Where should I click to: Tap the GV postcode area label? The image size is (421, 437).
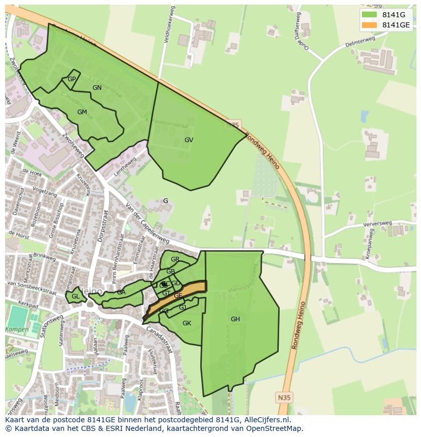(189, 140)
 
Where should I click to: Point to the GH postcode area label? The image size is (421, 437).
(235, 319)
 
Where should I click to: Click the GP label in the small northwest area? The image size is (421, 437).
(72, 79)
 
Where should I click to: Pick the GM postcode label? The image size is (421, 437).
(82, 112)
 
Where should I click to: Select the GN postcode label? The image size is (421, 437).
(97, 88)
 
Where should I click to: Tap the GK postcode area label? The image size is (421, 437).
(187, 323)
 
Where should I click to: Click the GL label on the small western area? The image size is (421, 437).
(75, 296)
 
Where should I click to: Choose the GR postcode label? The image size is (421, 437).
(175, 259)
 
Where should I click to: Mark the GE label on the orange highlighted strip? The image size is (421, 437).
(178, 295)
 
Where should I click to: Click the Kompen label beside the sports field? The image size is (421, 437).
(17, 329)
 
